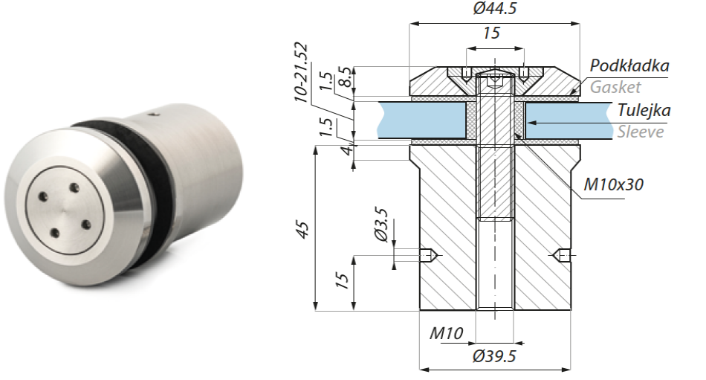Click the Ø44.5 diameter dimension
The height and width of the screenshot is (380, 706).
tap(496, 10)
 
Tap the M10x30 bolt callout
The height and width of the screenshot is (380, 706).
tap(614, 184)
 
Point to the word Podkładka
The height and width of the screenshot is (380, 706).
tap(629, 65)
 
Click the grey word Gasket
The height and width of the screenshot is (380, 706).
tap(615, 87)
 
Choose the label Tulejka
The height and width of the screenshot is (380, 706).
tap(644, 111)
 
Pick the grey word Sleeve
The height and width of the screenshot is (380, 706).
tap(640, 132)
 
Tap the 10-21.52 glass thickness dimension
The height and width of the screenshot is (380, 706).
tap(301, 71)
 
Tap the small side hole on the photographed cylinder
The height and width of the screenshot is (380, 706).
tap(154, 115)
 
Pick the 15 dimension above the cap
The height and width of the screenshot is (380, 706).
tap(491, 33)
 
